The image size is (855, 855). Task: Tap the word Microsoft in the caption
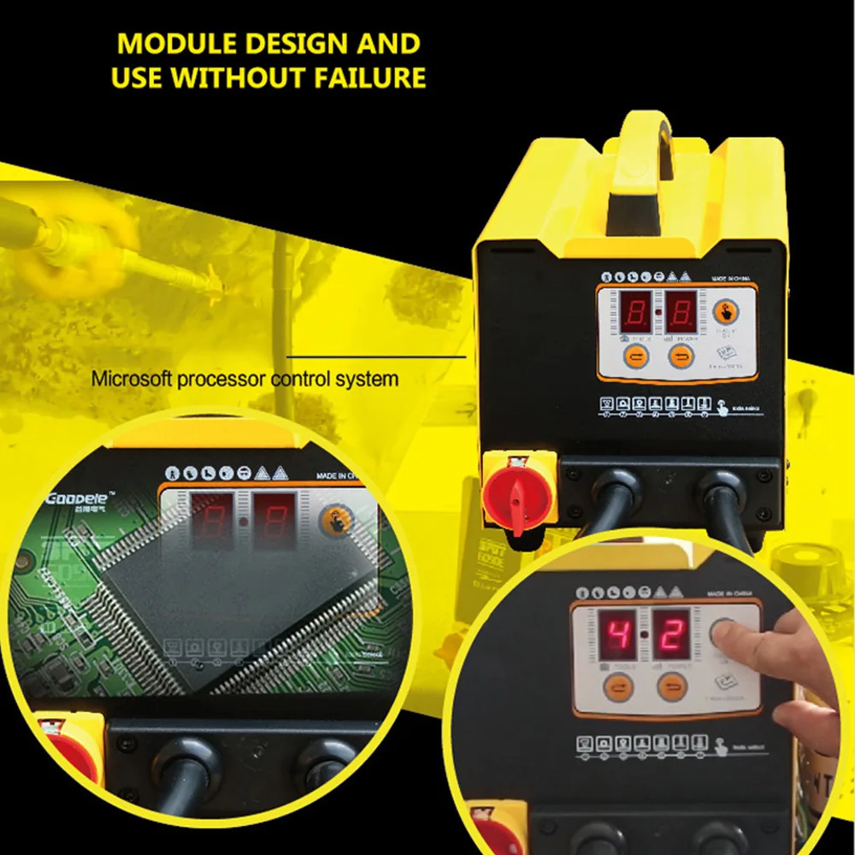click(132, 378)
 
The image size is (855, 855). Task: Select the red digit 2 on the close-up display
click(672, 634)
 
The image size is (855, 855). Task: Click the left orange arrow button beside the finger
click(616, 687)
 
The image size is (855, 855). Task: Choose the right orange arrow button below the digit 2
click(672, 687)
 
